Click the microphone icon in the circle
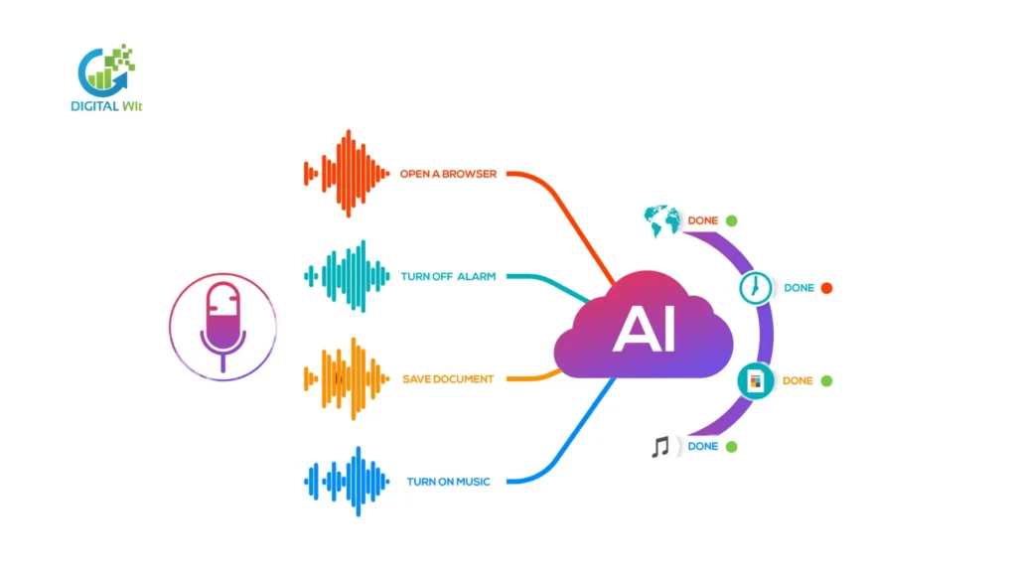click(222, 324)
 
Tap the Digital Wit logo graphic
click(106, 69)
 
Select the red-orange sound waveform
click(347, 174)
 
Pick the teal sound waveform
click(347, 276)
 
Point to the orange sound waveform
click(347, 378)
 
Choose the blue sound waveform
click(347, 482)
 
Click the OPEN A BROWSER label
click(448, 174)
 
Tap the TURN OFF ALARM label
click(448, 276)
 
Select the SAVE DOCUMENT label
click(448, 379)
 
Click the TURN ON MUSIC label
click(448, 482)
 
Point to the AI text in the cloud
click(644, 330)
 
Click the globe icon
click(661, 219)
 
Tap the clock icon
click(756, 288)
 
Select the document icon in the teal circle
click(755, 380)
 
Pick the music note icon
click(660, 447)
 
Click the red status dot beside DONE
click(826, 288)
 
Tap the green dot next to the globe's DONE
click(731, 220)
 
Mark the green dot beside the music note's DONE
click(731, 447)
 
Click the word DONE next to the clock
click(799, 288)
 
